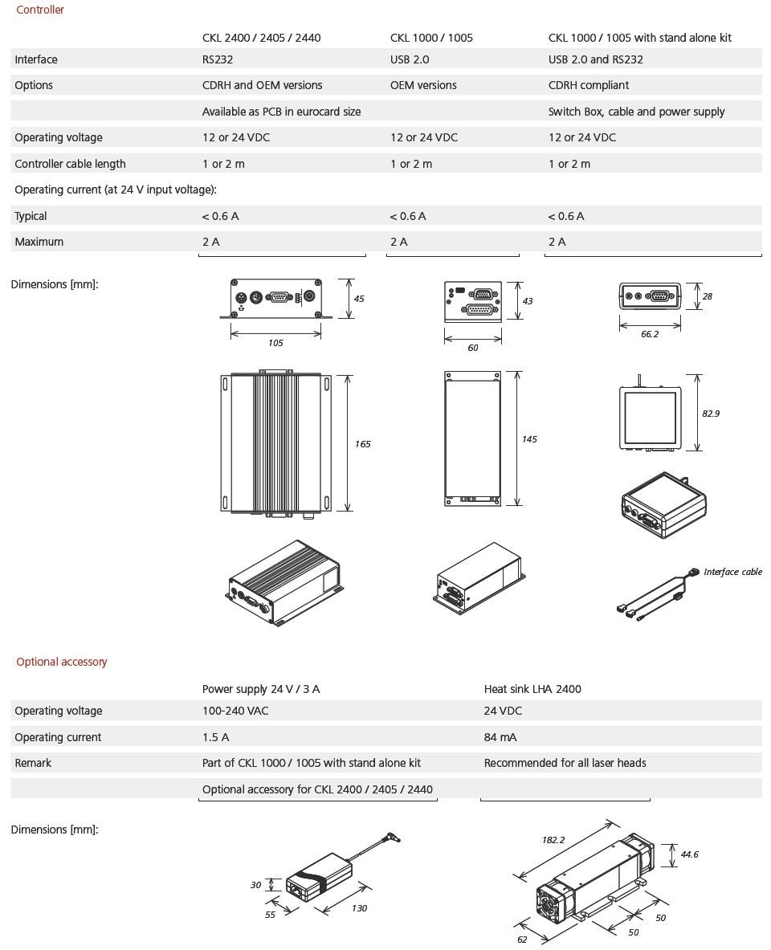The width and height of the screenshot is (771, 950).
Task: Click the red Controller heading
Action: pos(40,10)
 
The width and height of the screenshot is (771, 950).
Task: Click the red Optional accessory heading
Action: pos(62,662)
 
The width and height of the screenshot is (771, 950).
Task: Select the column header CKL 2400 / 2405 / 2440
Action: pos(261,38)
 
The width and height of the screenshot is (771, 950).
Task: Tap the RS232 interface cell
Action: pos(218,59)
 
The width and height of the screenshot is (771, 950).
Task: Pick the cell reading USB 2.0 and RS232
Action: pos(595,59)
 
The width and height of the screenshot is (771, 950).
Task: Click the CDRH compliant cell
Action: pos(589,85)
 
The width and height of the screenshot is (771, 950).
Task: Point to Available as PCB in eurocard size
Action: pos(281,112)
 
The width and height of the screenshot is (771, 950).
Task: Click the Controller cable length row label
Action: pos(70,164)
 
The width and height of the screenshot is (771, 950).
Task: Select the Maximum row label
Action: pos(39,242)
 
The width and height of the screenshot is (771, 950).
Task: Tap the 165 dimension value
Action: pos(363,444)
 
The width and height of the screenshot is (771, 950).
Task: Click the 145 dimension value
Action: pos(529,439)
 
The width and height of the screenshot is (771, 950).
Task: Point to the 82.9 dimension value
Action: pos(711,414)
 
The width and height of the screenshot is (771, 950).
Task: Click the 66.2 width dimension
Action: pos(650,334)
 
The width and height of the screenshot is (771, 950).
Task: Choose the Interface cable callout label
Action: pos(732,572)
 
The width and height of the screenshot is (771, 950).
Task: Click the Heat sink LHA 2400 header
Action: pos(532,689)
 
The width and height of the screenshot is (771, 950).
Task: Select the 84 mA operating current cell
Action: pos(500,737)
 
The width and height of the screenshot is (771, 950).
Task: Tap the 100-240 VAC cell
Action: pos(235,711)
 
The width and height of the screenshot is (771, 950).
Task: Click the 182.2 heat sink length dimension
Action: pos(553,840)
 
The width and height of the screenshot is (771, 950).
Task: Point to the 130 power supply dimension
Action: pos(359,908)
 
